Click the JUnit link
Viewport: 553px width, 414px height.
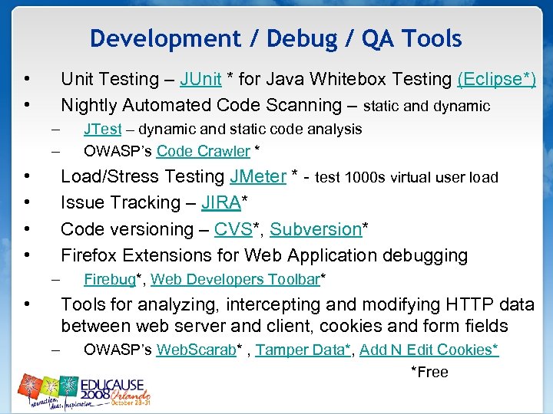pos(200,80)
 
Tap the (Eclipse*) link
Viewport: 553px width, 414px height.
pos(496,80)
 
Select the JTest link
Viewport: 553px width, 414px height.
pos(102,129)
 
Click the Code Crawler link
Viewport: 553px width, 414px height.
pos(203,151)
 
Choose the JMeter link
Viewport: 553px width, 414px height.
pos(258,177)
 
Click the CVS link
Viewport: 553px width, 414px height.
pos(232,229)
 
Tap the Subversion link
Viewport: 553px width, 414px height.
pos(316,229)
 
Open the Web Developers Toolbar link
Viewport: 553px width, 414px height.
pos(234,279)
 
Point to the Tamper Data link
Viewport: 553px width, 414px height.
pos(300,350)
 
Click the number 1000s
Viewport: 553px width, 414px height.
pos(366,178)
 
